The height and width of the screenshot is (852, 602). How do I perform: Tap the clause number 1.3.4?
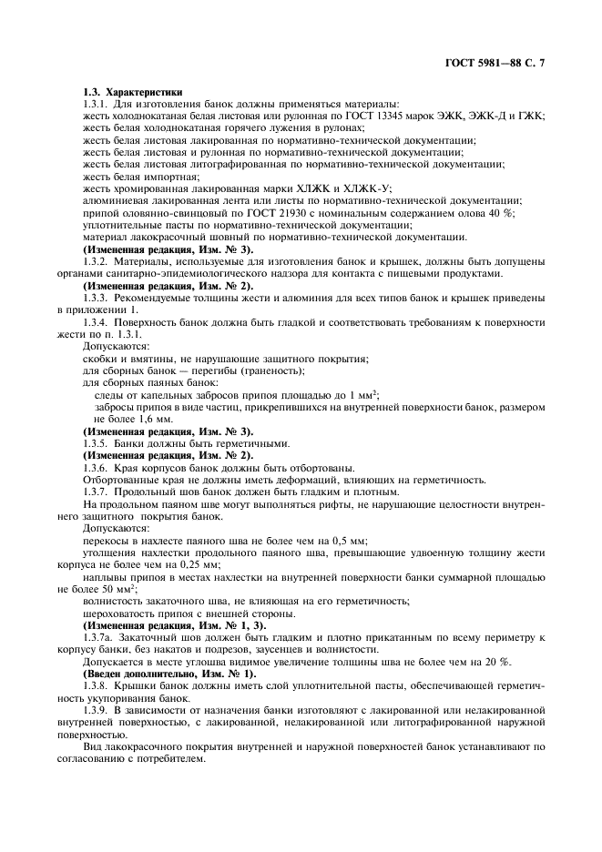click(x=96, y=323)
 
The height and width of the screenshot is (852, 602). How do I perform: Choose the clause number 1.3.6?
click(x=96, y=467)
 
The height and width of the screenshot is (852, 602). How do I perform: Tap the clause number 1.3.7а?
click(x=98, y=637)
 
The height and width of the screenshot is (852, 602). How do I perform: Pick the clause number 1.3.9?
click(x=96, y=709)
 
